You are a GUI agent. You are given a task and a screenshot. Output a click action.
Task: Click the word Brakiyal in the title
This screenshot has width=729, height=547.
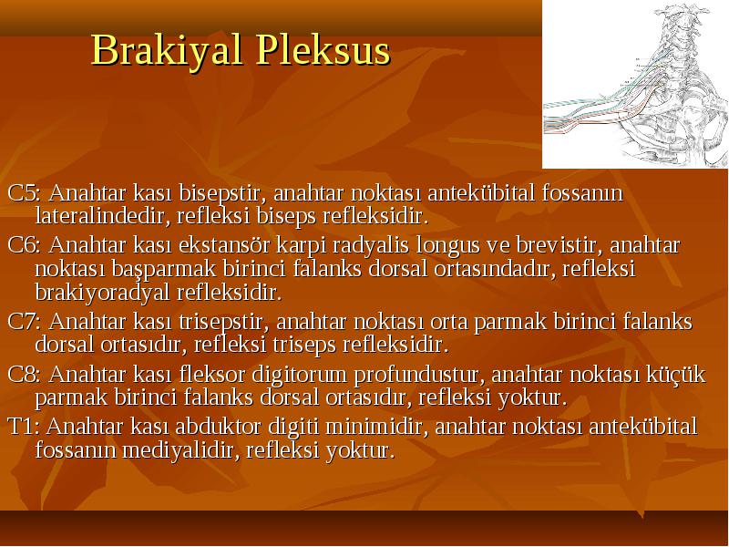tap(167, 51)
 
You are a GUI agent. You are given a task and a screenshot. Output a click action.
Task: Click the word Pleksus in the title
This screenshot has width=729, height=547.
tap(323, 49)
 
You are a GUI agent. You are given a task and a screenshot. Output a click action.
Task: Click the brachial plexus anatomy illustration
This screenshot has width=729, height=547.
tap(635, 84)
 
